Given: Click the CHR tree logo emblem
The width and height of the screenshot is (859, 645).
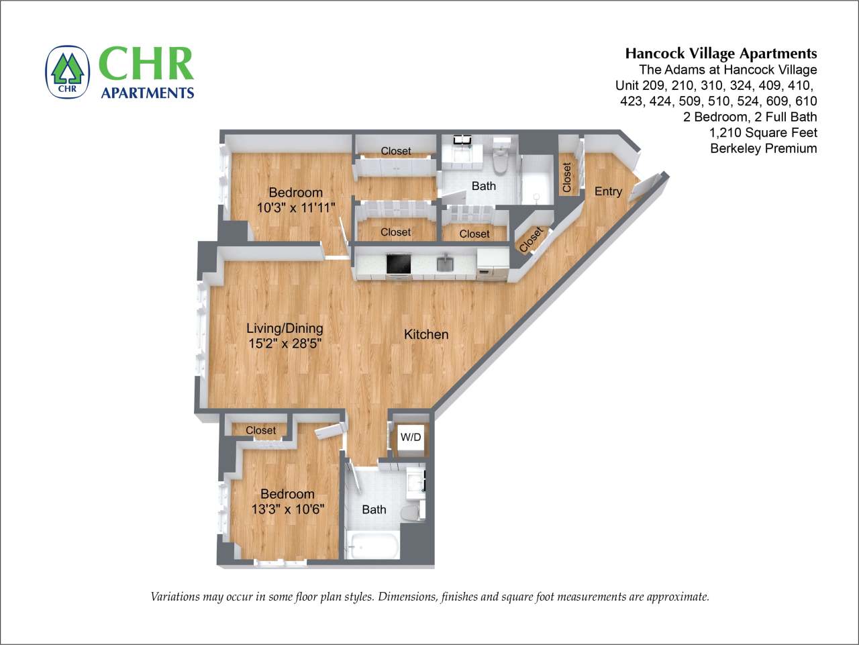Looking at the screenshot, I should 67,72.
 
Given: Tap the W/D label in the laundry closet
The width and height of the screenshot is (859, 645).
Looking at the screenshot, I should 411,438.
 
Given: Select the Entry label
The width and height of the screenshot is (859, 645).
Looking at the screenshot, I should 608,191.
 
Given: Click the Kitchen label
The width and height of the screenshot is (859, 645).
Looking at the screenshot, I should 426,334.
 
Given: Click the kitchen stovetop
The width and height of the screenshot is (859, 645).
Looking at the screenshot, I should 398,264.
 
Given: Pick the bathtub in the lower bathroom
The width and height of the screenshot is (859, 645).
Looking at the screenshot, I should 373,544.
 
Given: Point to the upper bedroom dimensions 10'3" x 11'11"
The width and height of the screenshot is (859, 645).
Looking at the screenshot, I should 295,207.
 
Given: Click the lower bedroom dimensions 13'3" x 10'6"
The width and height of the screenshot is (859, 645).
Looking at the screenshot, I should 287,509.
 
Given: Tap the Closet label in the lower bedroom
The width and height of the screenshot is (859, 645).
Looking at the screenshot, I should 260,430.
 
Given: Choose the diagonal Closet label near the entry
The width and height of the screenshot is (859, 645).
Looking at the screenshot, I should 531,240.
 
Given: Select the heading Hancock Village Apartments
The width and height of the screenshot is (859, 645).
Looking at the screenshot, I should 721,54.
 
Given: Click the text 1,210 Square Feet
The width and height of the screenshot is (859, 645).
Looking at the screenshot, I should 763,132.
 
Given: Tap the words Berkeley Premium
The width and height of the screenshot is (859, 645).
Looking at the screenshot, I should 763,148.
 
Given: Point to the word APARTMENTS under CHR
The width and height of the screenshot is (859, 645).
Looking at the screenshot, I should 147,93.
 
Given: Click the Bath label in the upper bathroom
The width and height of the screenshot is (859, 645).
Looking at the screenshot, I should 483,186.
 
